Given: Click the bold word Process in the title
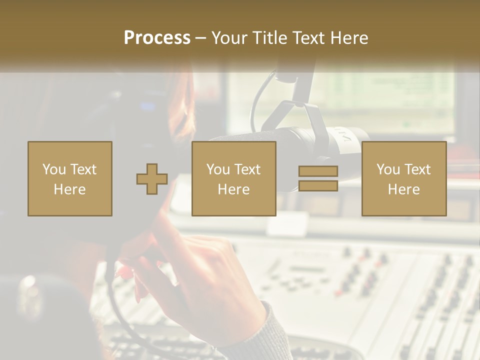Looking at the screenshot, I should [x=157, y=38].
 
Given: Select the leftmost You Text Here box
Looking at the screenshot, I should [x=70, y=178].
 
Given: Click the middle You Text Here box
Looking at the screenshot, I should [x=233, y=178].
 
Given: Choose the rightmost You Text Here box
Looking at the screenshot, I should [x=403, y=178].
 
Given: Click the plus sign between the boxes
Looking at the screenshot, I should [x=152, y=179].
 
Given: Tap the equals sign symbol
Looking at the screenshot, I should [x=318, y=178].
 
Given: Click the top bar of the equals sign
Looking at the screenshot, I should [x=318, y=171].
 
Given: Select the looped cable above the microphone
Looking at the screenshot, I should [x=262, y=95].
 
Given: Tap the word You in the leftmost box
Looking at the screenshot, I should [x=54, y=169].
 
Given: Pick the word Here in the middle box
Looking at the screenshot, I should [x=233, y=189].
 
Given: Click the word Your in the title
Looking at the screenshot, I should [x=228, y=38].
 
